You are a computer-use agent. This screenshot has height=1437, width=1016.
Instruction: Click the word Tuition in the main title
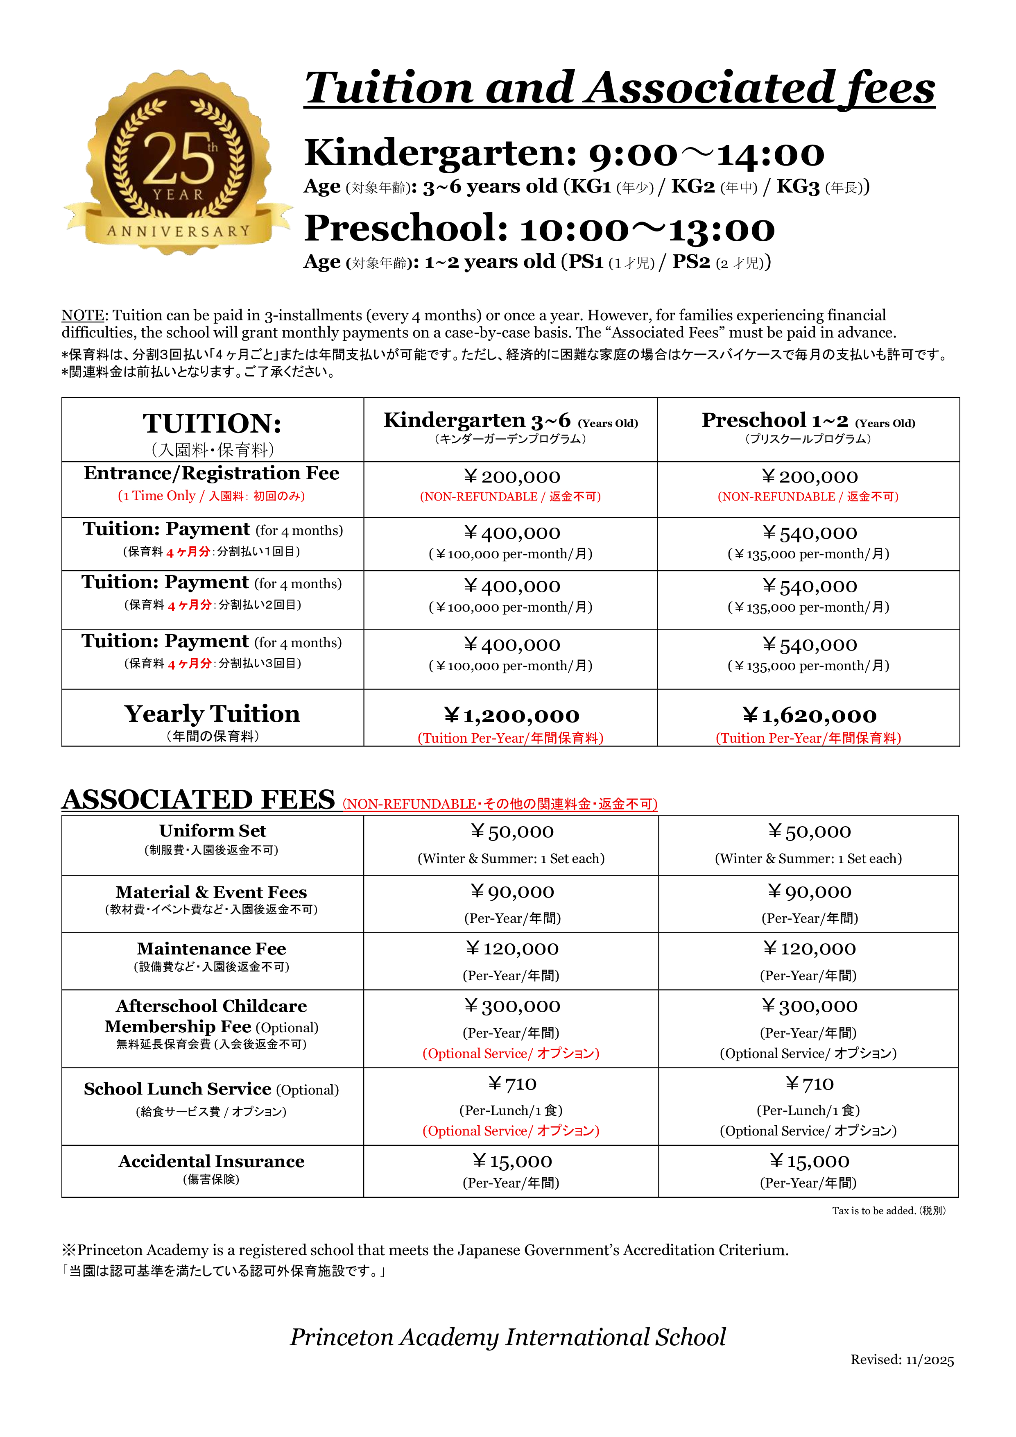click(389, 89)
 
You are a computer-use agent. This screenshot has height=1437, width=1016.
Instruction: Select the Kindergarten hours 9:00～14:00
click(706, 154)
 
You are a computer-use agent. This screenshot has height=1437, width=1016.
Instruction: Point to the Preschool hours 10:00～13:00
click(647, 229)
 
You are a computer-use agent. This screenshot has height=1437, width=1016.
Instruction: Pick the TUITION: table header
click(212, 424)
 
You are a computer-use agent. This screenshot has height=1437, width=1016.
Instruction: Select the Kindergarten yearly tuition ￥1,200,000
click(511, 715)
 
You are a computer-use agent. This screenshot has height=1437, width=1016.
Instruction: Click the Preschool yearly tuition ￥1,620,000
click(809, 715)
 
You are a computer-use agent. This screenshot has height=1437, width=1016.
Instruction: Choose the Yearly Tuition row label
click(212, 714)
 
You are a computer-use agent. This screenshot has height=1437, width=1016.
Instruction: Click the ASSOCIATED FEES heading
click(198, 800)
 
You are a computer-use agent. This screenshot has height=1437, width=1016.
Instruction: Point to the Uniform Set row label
click(212, 831)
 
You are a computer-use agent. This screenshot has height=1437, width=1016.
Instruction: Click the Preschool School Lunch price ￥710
click(809, 1083)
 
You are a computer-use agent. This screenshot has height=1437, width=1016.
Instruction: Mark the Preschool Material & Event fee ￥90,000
click(809, 892)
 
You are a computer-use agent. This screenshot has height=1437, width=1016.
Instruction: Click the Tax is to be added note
click(888, 1210)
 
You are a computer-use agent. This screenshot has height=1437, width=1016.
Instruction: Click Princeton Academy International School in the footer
click(507, 1337)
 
